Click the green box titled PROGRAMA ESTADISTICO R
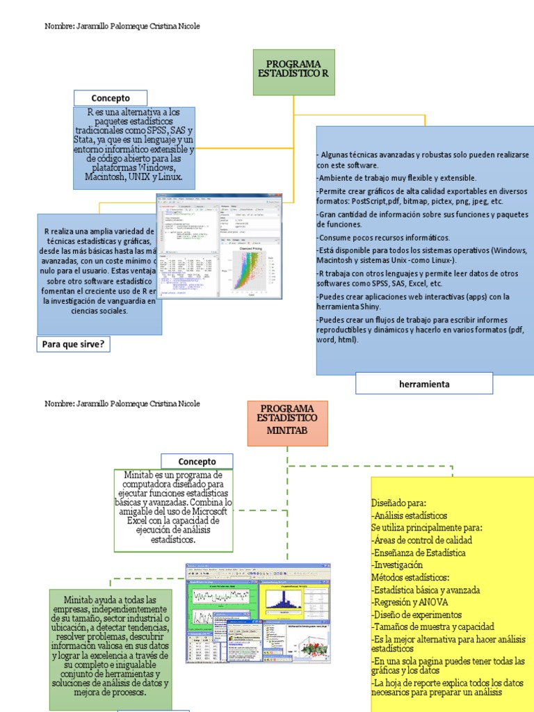pos(293,72)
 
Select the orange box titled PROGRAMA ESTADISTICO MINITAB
pos(287,422)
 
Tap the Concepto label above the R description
pos(111,98)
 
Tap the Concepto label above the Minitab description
pos(197,462)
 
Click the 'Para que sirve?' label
pos(73,343)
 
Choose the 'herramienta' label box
pos(424,384)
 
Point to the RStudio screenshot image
pos(219,246)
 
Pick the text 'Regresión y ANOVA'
pos(410,602)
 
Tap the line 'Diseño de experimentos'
pos(416,615)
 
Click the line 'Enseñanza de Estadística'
pos(419,553)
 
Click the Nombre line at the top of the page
pos(122,26)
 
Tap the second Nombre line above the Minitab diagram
pos(122,404)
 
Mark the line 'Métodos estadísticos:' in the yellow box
pos(410,577)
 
